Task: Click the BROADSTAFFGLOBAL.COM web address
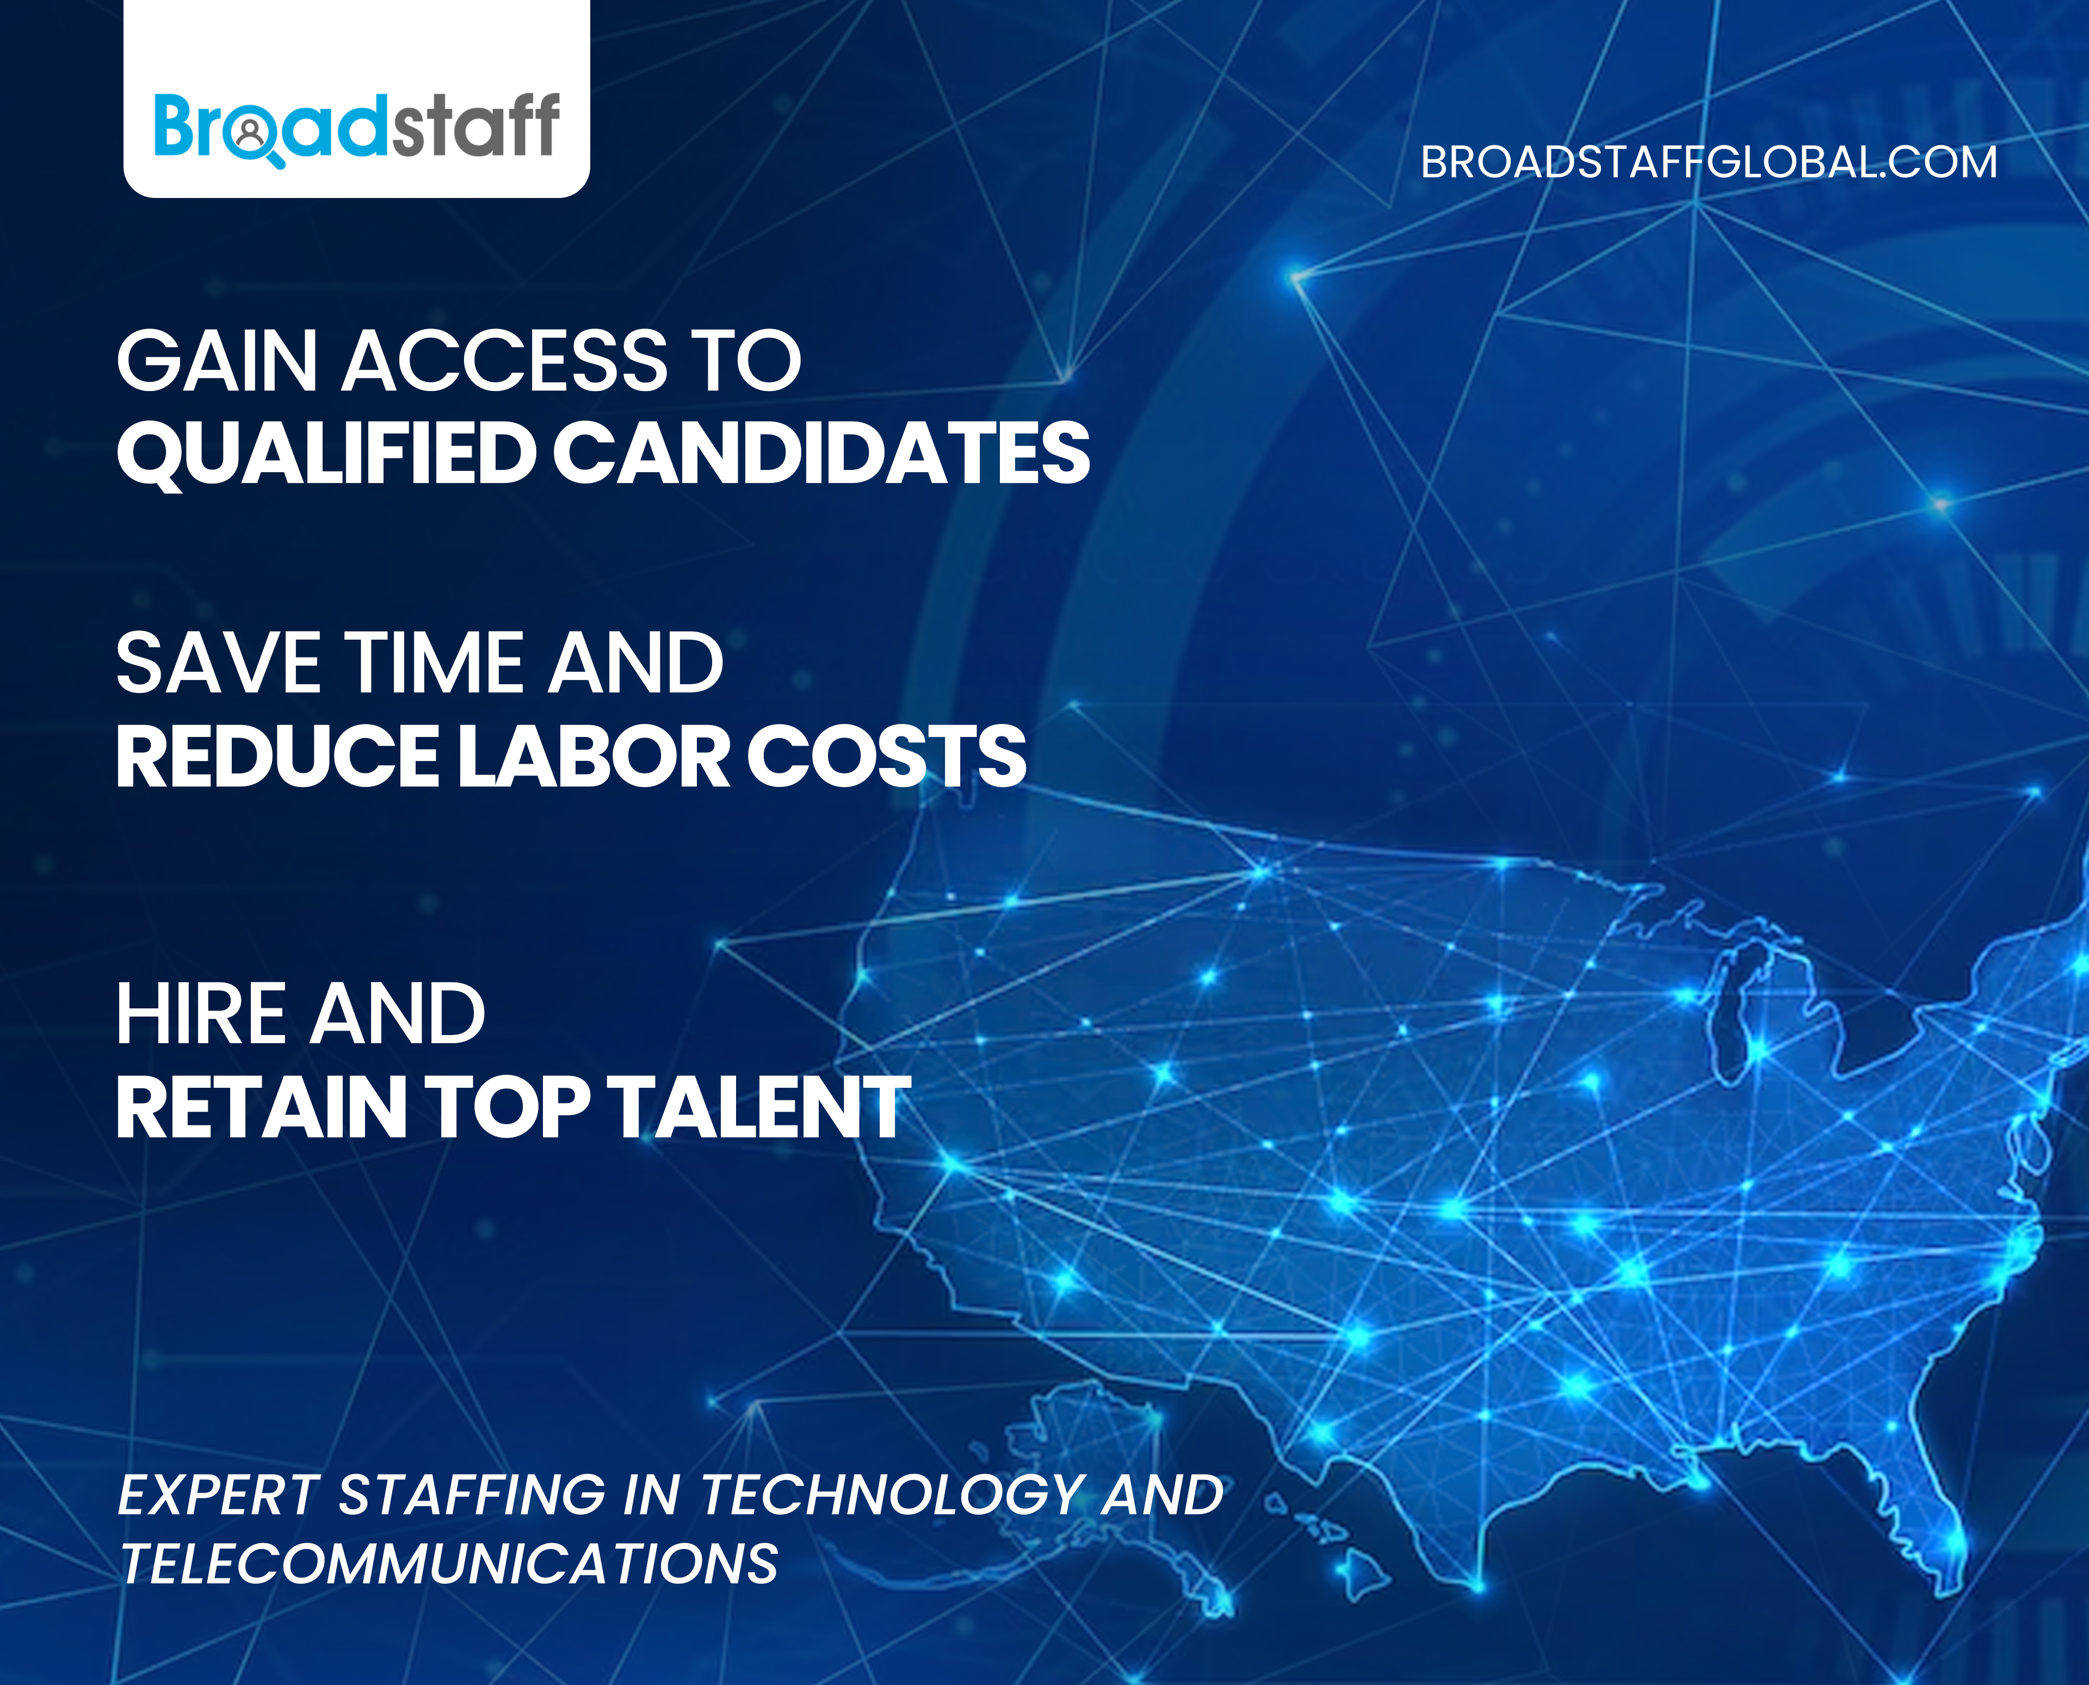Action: coord(1709,162)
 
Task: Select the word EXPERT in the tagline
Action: coord(218,1495)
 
